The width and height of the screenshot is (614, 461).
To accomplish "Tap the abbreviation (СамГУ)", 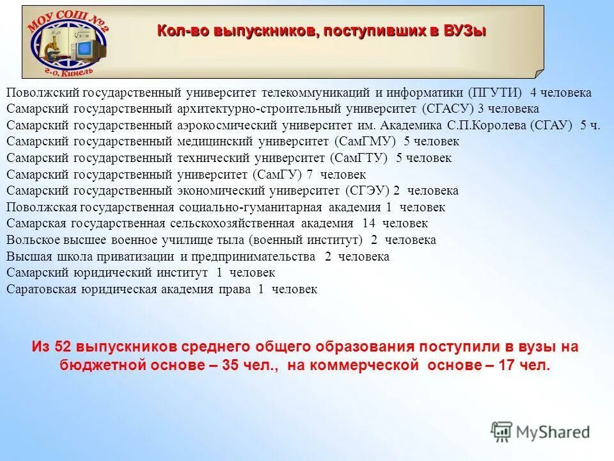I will [278, 174].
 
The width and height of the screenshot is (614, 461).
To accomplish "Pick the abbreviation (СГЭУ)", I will [367, 191].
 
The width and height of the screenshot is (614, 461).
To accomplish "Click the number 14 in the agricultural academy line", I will [368, 223].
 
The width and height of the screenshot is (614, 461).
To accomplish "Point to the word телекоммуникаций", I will [311, 92].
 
